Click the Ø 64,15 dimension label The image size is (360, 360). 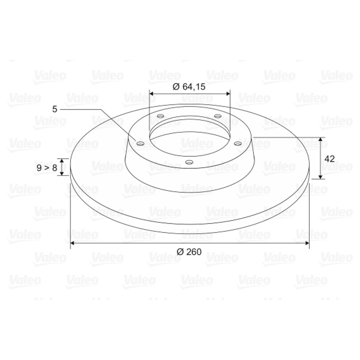pyautogui.click(x=189, y=87)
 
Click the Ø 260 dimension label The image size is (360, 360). pyautogui.click(x=189, y=252)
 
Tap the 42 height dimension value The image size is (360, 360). pyautogui.click(x=329, y=159)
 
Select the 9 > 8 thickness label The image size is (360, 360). pyautogui.click(x=47, y=168)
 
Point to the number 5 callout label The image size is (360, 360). pyautogui.click(x=54, y=109)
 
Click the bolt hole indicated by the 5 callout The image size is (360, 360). pyautogui.click(x=140, y=144)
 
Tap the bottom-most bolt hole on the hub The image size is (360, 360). pyautogui.click(x=189, y=162)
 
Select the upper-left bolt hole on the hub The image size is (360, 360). pyautogui.click(x=160, y=116)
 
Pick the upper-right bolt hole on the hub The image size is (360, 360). pyautogui.click(x=217, y=116)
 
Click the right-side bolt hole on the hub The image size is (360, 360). pyautogui.click(x=238, y=144)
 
